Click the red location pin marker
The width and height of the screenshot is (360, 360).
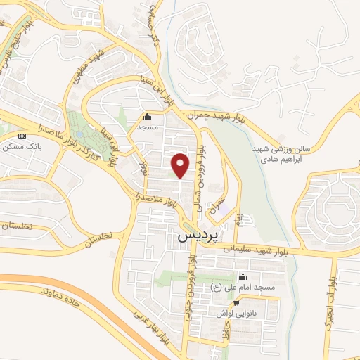181,165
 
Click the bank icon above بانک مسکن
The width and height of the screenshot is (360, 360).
22,136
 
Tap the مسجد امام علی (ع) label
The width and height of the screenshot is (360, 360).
243,287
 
